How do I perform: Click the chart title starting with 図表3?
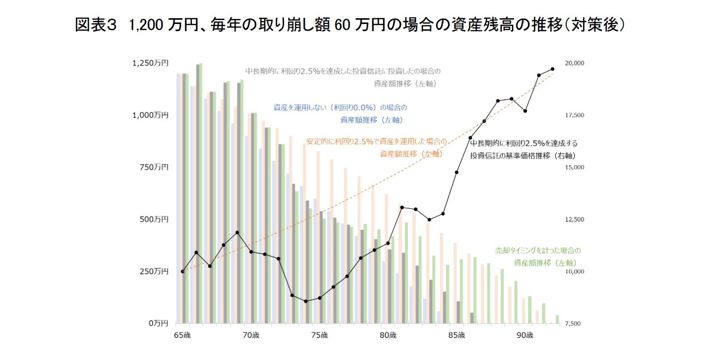[350, 25]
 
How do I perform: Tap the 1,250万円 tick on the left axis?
[150, 63]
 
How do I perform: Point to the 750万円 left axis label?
[154, 167]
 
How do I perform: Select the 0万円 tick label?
[158, 323]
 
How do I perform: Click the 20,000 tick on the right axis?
[574, 63]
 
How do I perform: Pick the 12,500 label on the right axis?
[574, 220]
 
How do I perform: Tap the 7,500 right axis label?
[572, 324]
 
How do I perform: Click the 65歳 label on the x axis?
[182, 335]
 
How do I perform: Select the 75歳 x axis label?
[319, 335]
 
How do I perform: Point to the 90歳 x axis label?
[524, 335]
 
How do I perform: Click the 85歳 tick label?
[456, 335]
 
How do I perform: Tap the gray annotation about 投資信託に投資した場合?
[343, 77]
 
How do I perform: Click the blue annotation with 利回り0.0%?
[340, 114]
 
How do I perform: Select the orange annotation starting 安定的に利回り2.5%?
[376, 148]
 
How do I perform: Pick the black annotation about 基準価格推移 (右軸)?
[524, 149]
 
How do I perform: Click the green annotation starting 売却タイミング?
[538, 256]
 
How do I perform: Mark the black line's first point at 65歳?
[182, 271]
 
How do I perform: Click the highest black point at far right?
[552, 69]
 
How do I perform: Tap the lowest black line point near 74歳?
[306, 301]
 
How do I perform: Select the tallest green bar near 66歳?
[201, 193]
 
